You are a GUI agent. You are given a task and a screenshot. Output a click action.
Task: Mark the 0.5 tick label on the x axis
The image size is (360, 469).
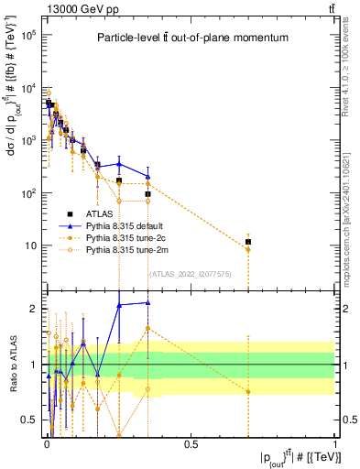(x=191, y=443)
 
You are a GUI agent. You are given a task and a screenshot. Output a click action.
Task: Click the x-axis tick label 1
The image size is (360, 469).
(x=335, y=443)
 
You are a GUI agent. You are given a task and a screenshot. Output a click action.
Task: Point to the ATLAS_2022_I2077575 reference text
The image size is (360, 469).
(x=191, y=272)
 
